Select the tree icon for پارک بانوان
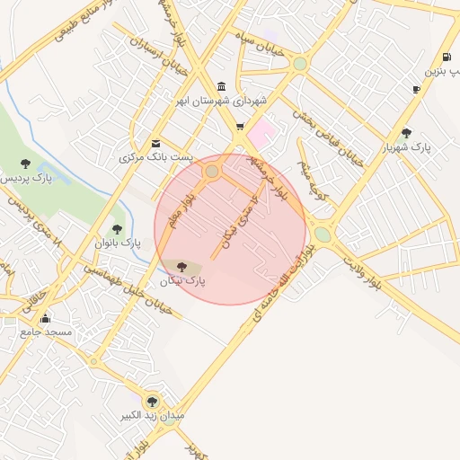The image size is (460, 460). (x=116, y=229)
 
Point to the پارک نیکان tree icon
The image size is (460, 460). (x=182, y=267)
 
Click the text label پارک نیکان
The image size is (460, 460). (x=183, y=281)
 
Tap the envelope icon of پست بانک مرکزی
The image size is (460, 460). (x=156, y=143)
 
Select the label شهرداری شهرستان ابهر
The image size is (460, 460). (x=224, y=102)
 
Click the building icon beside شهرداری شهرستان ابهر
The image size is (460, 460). (x=221, y=86)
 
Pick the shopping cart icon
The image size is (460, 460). (x=239, y=127)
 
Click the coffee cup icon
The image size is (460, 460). (x=416, y=89)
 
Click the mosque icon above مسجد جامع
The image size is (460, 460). (x=45, y=317)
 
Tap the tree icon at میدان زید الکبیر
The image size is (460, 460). (x=151, y=400)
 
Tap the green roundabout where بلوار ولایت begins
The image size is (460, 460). (x=323, y=234)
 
